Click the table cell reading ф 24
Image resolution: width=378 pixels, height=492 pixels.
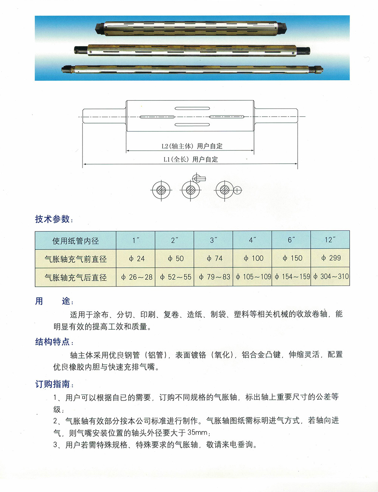coord(136,259)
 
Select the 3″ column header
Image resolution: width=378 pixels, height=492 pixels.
coord(214,240)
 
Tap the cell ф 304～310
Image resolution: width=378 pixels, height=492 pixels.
coord(330,277)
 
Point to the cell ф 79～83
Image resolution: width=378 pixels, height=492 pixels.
coord(214,277)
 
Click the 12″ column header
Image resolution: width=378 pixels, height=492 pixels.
coord(330,240)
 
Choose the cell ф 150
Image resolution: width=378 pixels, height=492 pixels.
coord(291,258)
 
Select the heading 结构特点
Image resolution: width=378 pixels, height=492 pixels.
coord(53,342)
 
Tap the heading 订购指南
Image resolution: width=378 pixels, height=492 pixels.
coord(53,384)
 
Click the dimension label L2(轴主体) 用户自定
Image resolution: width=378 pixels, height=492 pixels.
coord(192,146)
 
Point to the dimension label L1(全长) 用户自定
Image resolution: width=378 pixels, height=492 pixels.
coord(191,159)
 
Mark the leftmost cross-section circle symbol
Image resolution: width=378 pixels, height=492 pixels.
coord(161,190)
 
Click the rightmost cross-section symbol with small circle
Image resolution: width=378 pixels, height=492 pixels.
coord(227,190)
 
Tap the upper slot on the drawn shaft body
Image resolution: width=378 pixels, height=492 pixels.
coord(192,108)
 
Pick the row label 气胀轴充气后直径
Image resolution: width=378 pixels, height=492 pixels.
coord(76,278)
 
